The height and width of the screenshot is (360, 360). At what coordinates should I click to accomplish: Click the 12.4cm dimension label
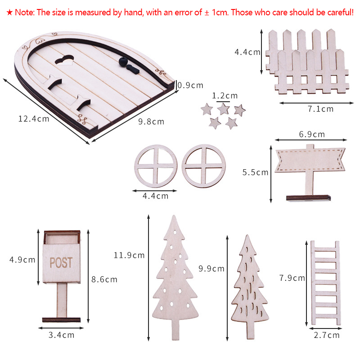pos(34,119)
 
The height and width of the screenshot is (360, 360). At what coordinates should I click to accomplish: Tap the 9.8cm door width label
pos(151,121)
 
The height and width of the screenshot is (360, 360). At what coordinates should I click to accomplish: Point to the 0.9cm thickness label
pos(190,85)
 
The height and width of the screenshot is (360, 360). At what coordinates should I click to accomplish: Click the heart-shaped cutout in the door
pos(64,60)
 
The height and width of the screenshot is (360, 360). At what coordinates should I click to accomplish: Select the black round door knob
pos(123,62)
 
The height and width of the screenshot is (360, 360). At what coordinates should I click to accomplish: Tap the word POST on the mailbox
pos(61,263)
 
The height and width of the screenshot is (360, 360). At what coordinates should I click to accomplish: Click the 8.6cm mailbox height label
pos(104,279)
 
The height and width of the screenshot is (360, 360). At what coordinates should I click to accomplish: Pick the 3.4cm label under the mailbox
pos(62,335)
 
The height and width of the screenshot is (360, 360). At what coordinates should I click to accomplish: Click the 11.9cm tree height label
pos(129,255)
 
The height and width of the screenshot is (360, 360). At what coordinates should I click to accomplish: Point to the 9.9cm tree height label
pos(211,269)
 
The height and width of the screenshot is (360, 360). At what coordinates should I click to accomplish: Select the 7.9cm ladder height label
pos(292,278)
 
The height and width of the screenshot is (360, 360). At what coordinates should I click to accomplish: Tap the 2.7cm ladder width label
pos(327,335)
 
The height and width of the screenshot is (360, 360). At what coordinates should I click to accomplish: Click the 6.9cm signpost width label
pos(312,134)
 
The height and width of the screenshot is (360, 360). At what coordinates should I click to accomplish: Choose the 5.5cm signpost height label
pos(255,172)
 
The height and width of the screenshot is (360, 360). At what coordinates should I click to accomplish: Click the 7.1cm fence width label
pos(320,109)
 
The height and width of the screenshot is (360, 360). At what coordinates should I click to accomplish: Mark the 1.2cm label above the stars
pos(225,96)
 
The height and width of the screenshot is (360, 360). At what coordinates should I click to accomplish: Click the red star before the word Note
pos(9,13)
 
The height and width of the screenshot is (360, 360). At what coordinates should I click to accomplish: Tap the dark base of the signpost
pos(308,198)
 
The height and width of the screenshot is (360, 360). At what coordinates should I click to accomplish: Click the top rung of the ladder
pos(325,250)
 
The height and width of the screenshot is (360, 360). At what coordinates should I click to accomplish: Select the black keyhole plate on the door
pos(133,69)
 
